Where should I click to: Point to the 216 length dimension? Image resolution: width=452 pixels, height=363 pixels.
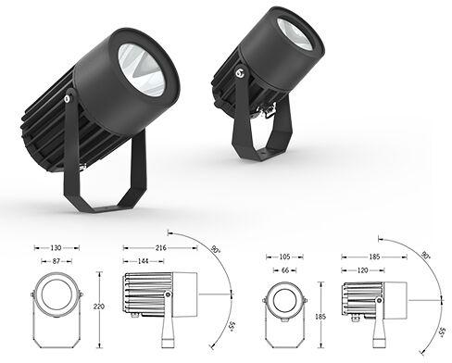point(162,247)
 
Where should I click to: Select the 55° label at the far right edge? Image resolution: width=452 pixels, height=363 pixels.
point(444,332)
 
